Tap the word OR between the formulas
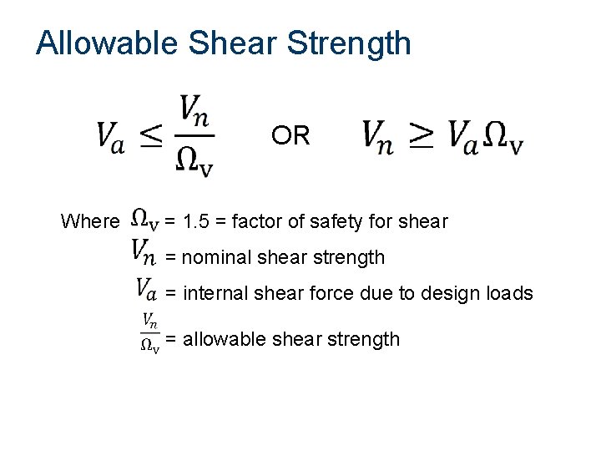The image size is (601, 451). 290,135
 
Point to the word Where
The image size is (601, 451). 90,222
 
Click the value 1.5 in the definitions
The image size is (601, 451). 196,222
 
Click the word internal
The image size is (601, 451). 210,293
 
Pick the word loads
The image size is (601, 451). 508,293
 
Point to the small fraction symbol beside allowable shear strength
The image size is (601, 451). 149,332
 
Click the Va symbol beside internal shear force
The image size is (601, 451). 145,290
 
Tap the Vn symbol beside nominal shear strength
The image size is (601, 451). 144,250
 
